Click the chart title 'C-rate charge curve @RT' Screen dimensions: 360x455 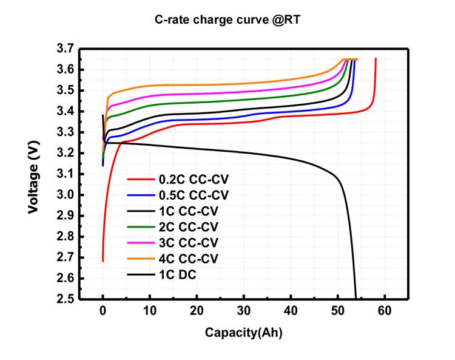click(227, 19)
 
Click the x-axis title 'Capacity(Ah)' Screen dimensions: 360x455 click(243, 332)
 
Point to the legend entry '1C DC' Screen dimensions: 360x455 click(178, 275)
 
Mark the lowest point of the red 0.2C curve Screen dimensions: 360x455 click(103, 261)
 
